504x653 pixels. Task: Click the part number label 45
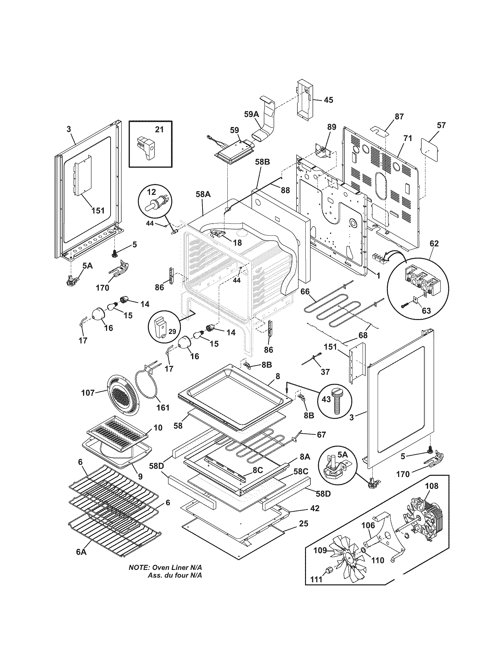click(328, 100)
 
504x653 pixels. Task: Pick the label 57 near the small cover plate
click(441, 125)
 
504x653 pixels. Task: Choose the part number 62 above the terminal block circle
click(434, 243)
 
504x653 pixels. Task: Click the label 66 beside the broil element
click(305, 291)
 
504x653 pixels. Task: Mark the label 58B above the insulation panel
click(262, 162)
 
